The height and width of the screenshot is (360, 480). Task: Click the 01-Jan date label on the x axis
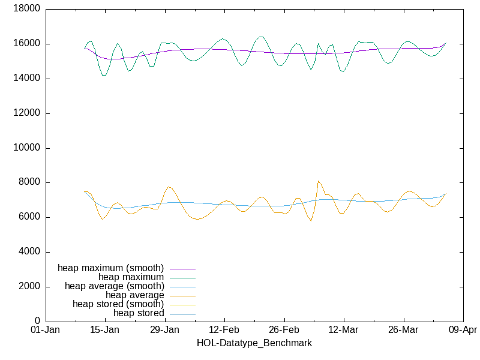click(45, 330)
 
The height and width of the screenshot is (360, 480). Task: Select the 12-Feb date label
click(224, 330)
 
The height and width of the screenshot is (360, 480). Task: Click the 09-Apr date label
click(463, 330)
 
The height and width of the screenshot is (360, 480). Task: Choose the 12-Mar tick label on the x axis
click(344, 330)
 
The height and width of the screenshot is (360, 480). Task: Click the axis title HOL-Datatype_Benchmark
click(254, 343)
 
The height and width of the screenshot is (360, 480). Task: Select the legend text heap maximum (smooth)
click(110, 268)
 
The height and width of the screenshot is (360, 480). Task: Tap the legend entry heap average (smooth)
click(114, 286)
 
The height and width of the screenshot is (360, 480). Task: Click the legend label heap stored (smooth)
click(118, 304)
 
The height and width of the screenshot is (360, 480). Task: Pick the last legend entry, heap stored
click(139, 313)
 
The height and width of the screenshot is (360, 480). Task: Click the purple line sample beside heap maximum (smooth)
click(182, 268)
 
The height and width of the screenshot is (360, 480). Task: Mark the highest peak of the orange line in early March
click(319, 181)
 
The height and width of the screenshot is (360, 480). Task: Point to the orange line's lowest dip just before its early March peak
click(311, 221)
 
